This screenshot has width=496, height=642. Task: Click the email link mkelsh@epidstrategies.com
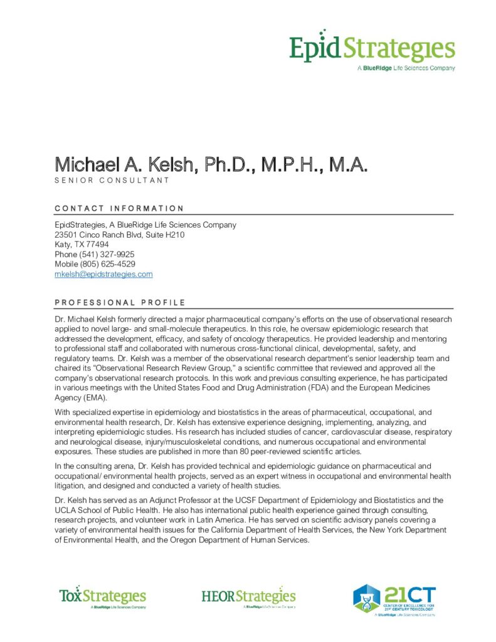[103, 275]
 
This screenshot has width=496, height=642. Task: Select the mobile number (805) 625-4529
[107, 265]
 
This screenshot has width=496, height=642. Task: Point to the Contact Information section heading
[119, 209]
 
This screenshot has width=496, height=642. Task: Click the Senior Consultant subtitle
[112, 181]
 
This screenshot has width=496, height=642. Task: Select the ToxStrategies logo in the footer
[102, 597]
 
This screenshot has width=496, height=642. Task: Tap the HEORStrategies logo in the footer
[248, 597]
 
